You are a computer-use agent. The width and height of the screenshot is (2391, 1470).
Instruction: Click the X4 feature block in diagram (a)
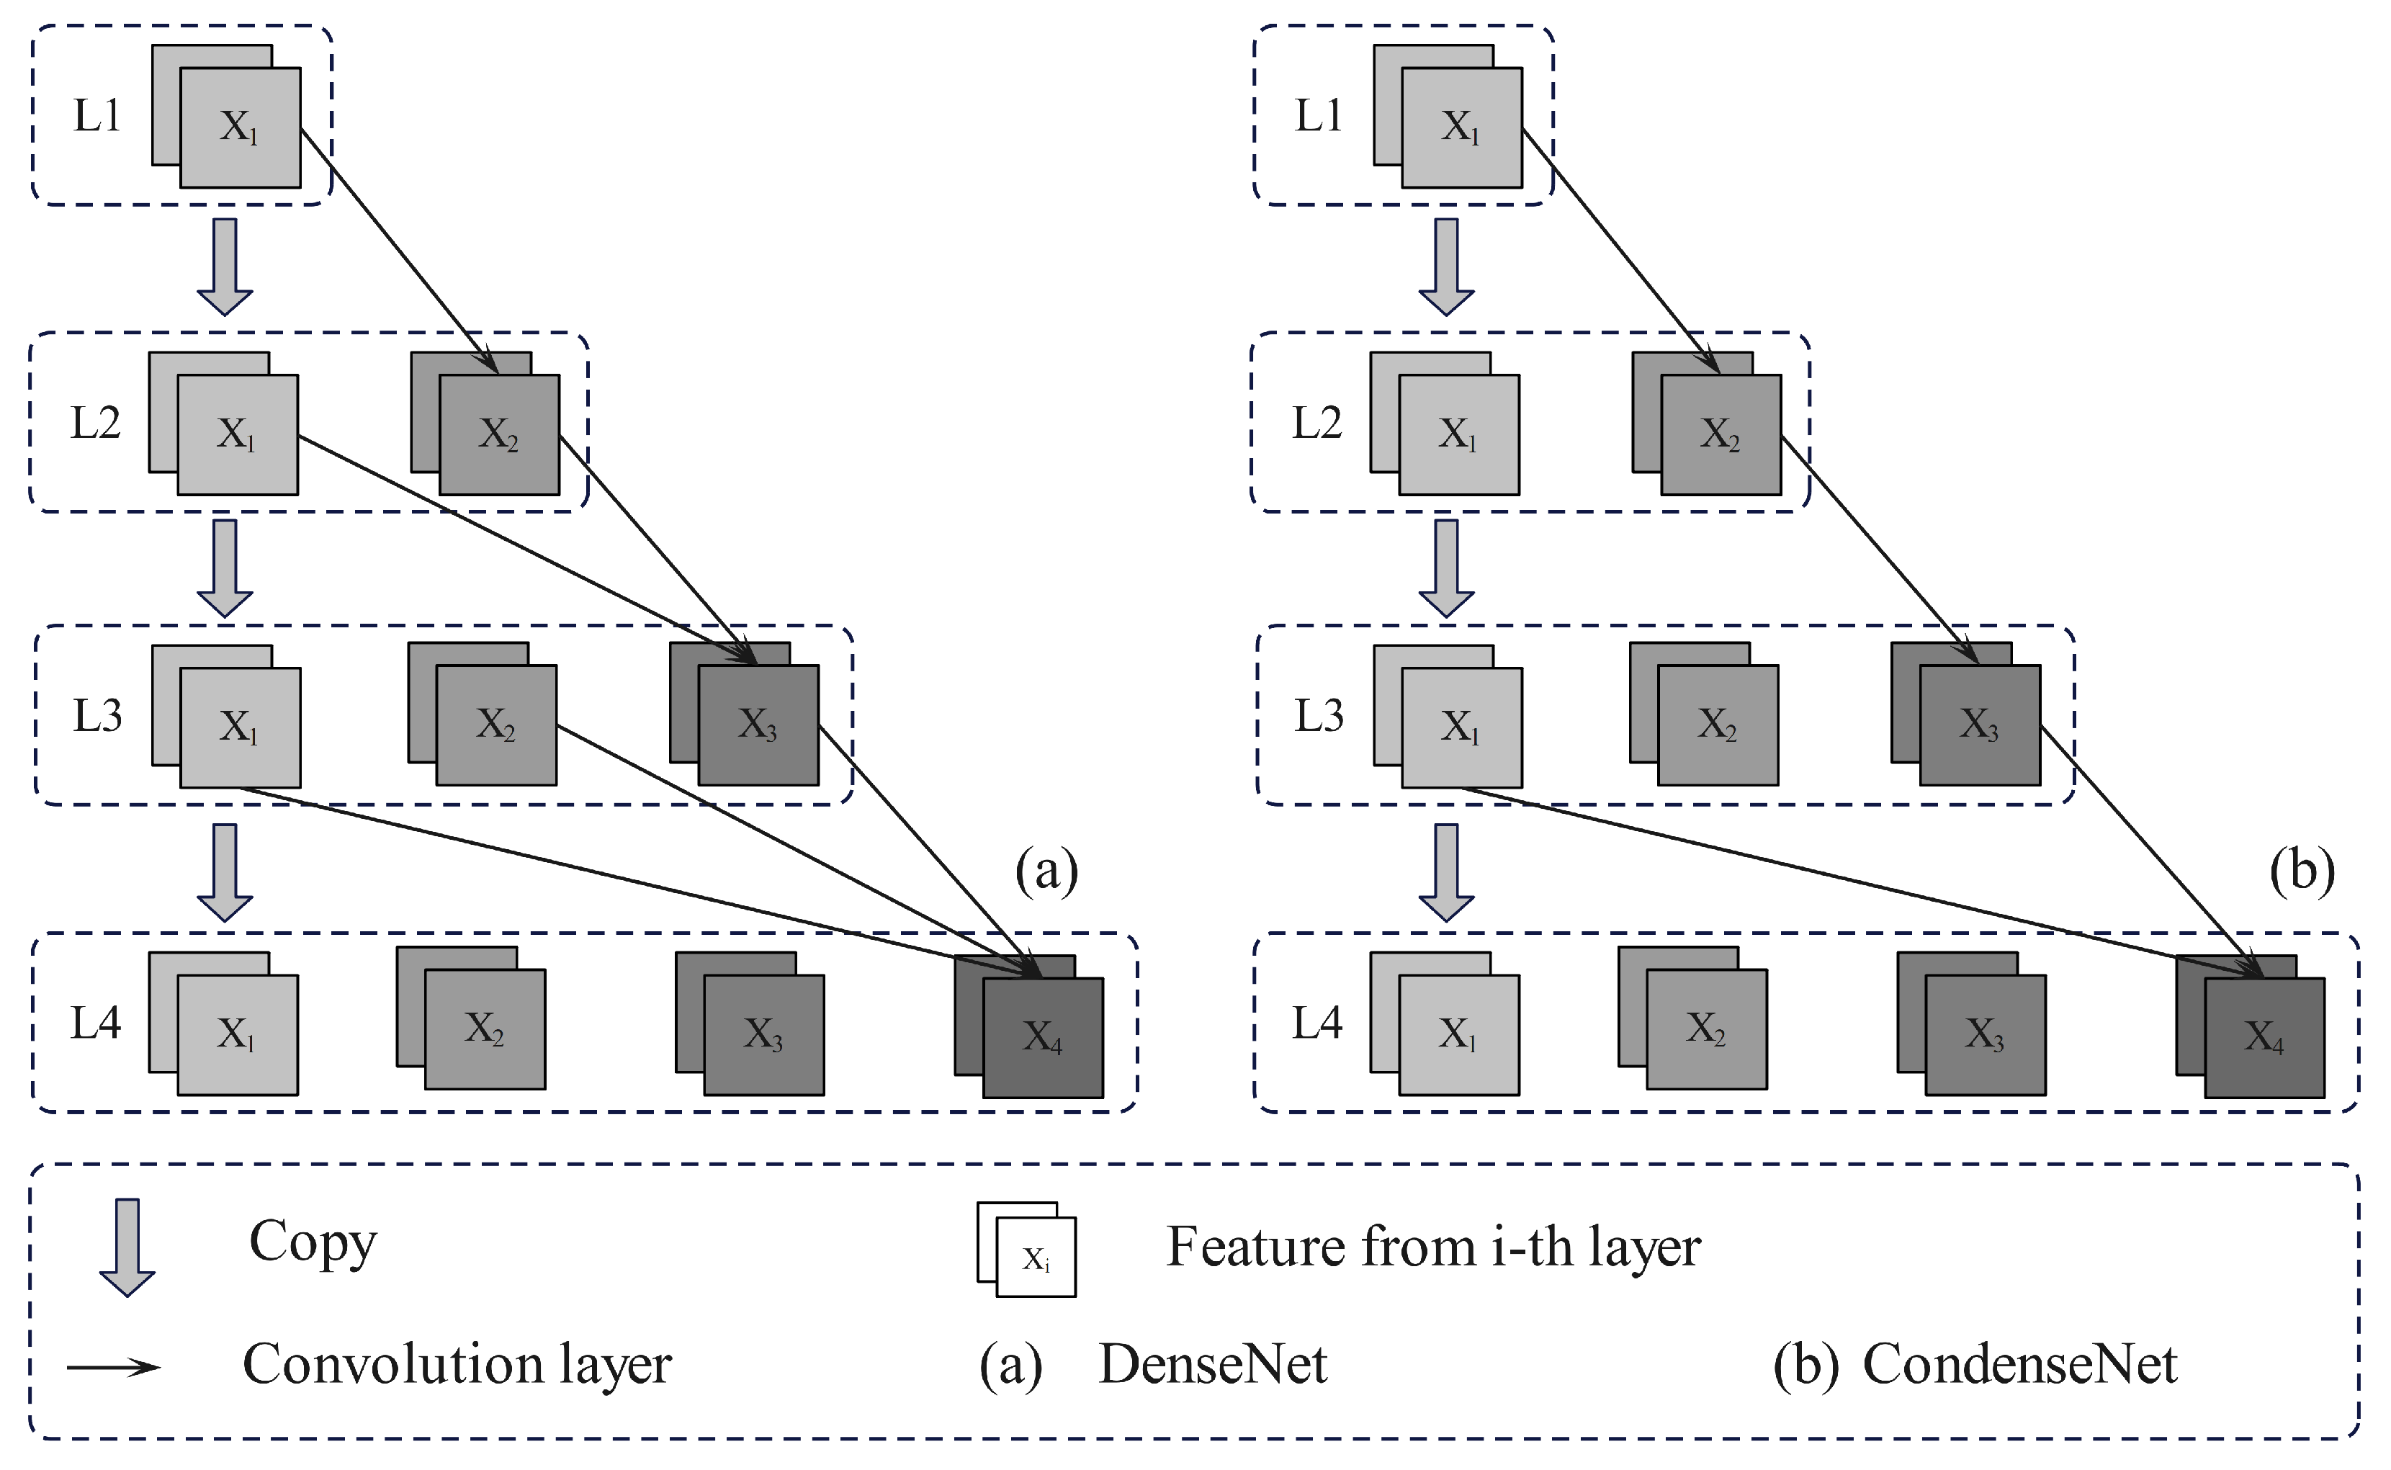1042,1036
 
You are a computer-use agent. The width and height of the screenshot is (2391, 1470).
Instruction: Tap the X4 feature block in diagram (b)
2264,1036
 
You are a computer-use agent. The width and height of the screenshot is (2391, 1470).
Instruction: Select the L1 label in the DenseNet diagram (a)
97,116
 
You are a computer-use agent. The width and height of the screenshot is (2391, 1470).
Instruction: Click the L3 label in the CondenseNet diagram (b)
1319,716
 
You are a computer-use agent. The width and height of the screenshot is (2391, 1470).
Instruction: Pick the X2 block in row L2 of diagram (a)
498,434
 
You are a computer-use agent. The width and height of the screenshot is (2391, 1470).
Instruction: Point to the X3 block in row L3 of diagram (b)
1979,725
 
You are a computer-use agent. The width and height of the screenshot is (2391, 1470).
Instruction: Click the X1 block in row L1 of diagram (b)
1461,126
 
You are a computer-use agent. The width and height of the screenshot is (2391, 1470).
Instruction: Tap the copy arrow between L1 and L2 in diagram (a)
225,266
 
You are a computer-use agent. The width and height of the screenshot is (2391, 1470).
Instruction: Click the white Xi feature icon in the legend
1034,1257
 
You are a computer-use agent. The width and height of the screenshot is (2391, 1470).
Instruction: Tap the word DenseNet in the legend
1213,1364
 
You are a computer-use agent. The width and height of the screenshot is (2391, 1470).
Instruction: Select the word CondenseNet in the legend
2019,1364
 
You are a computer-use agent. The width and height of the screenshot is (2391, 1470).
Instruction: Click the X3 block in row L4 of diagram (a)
763,1034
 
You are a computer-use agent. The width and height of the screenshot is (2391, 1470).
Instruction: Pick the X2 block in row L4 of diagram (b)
1706,1028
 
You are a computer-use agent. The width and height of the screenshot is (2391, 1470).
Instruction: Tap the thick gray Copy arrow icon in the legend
127,1247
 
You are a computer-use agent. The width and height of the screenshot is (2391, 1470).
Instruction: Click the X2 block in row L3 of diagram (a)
495,725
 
